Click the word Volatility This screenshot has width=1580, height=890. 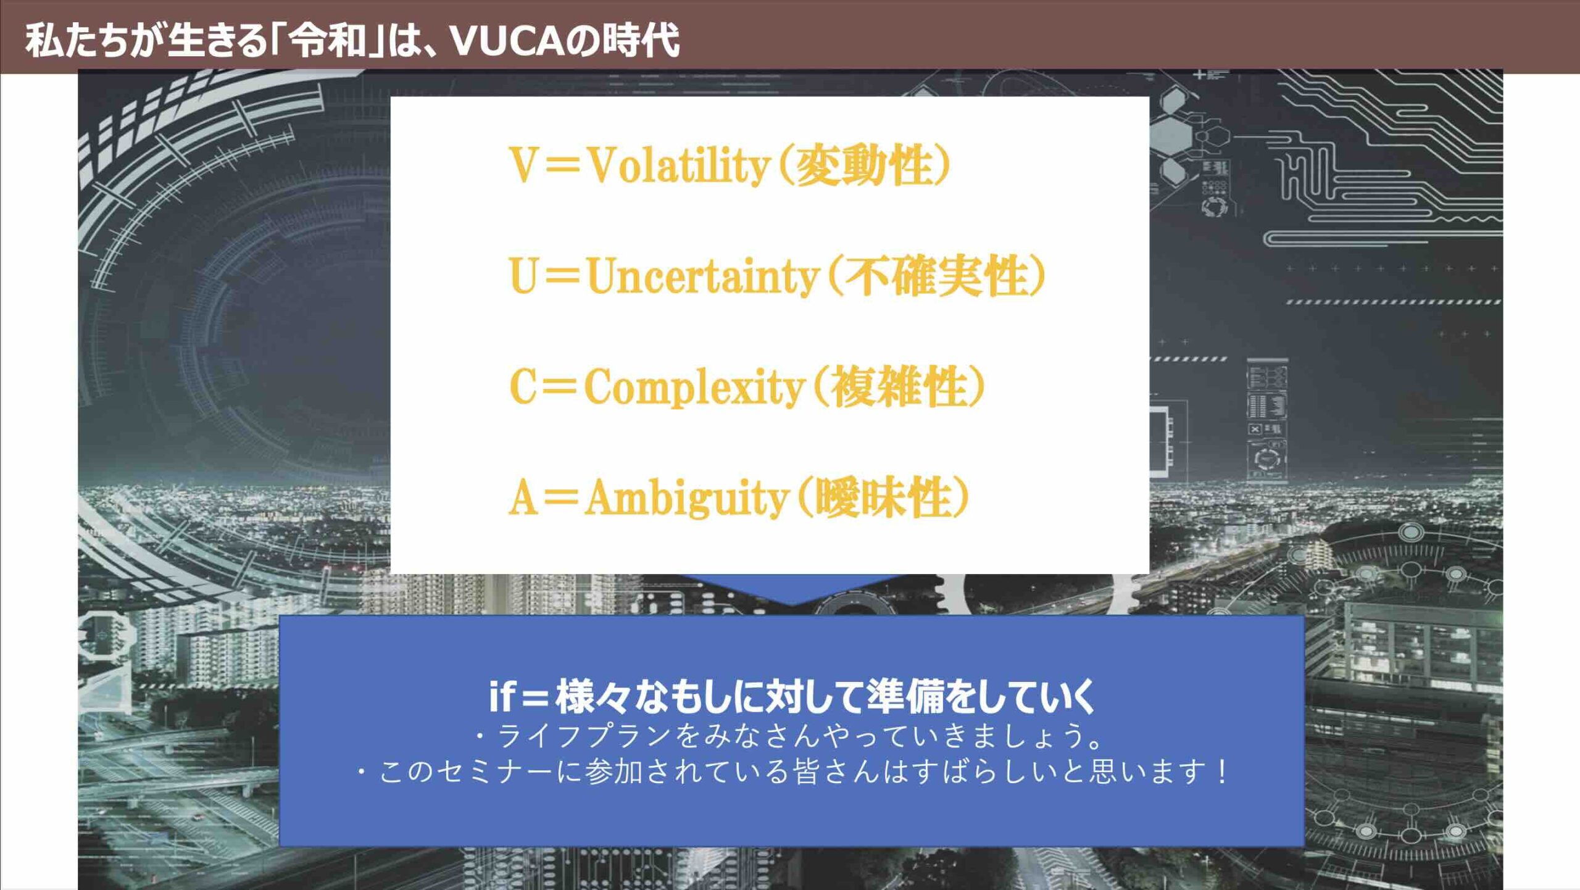tap(678, 165)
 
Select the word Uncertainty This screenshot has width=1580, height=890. tap(703, 276)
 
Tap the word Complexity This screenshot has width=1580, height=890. tap(694, 387)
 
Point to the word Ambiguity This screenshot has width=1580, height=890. tap(686, 497)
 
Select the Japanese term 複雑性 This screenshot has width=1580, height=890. tap(898, 387)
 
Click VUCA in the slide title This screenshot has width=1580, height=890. tap(507, 40)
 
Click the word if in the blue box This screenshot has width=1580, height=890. tap(501, 696)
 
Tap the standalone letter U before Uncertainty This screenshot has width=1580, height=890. tap(522, 276)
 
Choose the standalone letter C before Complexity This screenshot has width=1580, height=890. tap(522, 387)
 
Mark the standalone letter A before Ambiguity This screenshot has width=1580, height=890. tap(522, 497)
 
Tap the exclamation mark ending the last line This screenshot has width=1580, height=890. tap(1221, 772)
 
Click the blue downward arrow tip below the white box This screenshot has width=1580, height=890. tap(792, 604)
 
